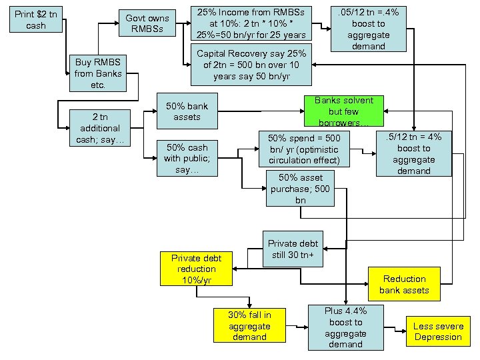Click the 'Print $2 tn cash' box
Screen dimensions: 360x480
click(x=36, y=20)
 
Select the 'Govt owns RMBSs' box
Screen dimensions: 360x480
click(x=147, y=23)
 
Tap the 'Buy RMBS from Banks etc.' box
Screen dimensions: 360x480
click(x=99, y=73)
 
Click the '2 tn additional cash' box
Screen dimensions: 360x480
click(x=99, y=127)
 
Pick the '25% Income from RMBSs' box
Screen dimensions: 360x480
click(x=251, y=23)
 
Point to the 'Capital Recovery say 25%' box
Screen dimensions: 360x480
click(x=251, y=65)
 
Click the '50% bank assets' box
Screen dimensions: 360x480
click(x=187, y=111)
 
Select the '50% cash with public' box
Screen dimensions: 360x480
click(x=187, y=159)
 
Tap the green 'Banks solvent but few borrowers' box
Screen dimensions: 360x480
click(x=343, y=111)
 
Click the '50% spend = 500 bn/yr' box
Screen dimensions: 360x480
click(x=304, y=149)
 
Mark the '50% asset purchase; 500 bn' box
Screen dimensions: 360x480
click(x=301, y=189)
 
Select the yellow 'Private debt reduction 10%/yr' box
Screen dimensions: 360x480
click(x=197, y=269)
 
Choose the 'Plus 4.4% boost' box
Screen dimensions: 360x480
click(x=346, y=327)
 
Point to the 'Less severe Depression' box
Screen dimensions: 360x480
click(x=437, y=331)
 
